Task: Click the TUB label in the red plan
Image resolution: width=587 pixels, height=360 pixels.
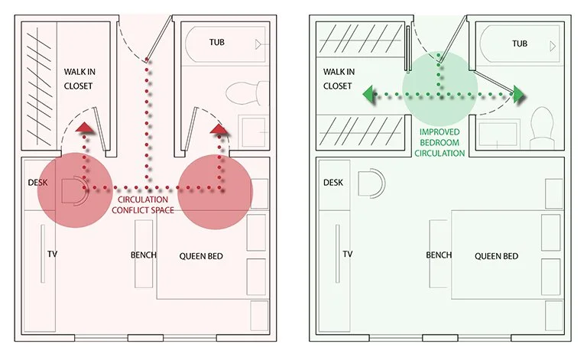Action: pos(217,42)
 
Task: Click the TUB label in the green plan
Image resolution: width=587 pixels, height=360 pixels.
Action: pos(519,44)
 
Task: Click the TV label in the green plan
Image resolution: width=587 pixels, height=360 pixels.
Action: pos(348,255)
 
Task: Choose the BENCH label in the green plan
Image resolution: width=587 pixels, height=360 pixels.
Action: pos(439,255)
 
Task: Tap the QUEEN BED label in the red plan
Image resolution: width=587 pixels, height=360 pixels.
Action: pos(201,255)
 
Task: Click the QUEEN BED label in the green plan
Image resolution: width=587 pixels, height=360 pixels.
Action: pos(497,255)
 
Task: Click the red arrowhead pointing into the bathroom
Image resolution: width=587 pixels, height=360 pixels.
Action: pos(220,131)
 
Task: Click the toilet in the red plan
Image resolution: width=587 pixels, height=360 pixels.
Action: pos(257,94)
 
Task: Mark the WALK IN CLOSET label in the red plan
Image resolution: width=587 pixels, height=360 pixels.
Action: pos(78,79)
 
